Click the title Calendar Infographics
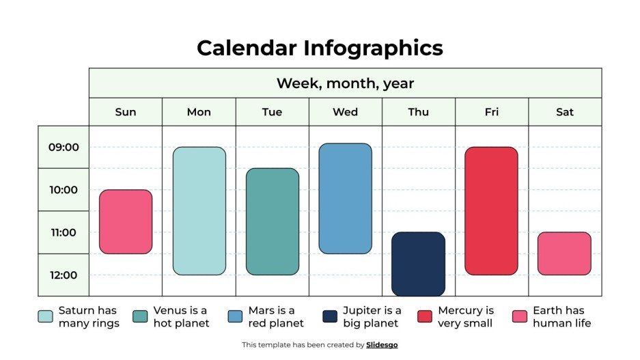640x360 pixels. [320, 48]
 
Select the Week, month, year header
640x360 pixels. [345, 83]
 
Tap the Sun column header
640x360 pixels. [126, 112]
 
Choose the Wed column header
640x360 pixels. [345, 112]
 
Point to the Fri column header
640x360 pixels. [492, 112]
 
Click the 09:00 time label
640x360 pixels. [64, 147]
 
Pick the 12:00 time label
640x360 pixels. [64, 275]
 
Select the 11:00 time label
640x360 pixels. [64, 232]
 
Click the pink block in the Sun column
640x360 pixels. [126, 221]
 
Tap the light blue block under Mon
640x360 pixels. [199, 210]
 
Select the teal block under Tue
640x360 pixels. [272, 221]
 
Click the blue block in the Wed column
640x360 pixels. [345, 198]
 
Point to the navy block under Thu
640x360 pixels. [418, 264]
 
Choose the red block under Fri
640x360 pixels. [492, 210]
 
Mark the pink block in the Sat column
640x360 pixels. [564, 253]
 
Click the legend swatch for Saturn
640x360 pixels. [45, 316]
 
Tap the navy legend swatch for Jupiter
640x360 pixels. [330, 316]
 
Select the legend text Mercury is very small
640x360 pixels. [466, 317]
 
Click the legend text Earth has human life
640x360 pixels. [561, 317]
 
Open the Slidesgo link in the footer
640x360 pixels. [382, 345]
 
